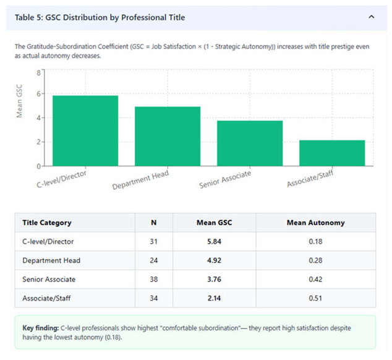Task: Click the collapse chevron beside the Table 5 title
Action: [371, 17]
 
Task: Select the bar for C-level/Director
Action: [85, 131]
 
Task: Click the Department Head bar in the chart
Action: [168, 136]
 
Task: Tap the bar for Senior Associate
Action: [250, 144]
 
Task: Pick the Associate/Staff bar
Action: [332, 153]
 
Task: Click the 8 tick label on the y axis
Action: [38, 73]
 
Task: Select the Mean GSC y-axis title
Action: [19, 101]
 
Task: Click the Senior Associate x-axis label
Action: [225, 179]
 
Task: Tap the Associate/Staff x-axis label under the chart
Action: [310, 178]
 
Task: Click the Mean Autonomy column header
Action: [315, 223]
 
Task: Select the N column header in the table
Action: [154, 223]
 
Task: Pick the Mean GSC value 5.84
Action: [215, 242]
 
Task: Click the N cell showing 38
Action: [154, 280]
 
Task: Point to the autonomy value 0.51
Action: [315, 298]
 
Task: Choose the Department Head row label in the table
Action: [51, 260]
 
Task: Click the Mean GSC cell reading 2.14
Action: [215, 298]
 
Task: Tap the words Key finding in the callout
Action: [41, 328]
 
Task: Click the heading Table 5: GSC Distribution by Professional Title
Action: [100, 17]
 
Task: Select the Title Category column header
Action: [47, 223]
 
